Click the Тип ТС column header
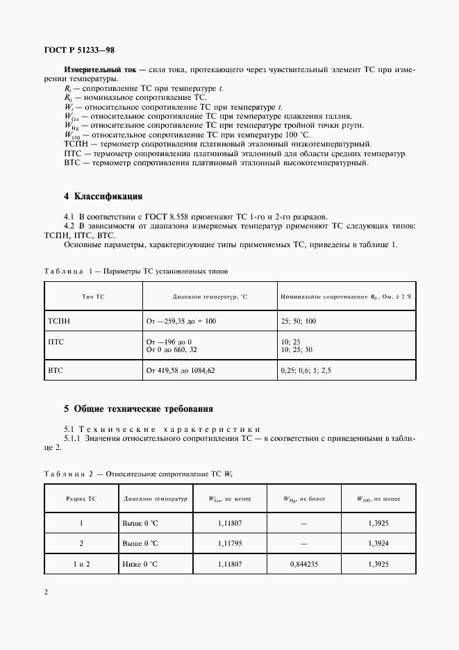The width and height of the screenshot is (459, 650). [x=92, y=296]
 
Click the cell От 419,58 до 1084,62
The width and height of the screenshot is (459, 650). [x=181, y=371]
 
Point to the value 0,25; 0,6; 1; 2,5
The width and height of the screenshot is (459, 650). [x=306, y=371]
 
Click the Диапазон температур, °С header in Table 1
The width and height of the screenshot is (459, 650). [x=210, y=296]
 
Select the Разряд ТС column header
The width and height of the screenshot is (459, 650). [x=81, y=499]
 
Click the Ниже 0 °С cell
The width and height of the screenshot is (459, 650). [x=140, y=565]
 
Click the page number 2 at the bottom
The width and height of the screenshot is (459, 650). [x=46, y=592]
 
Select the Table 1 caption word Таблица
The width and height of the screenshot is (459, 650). [x=63, y=271]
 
